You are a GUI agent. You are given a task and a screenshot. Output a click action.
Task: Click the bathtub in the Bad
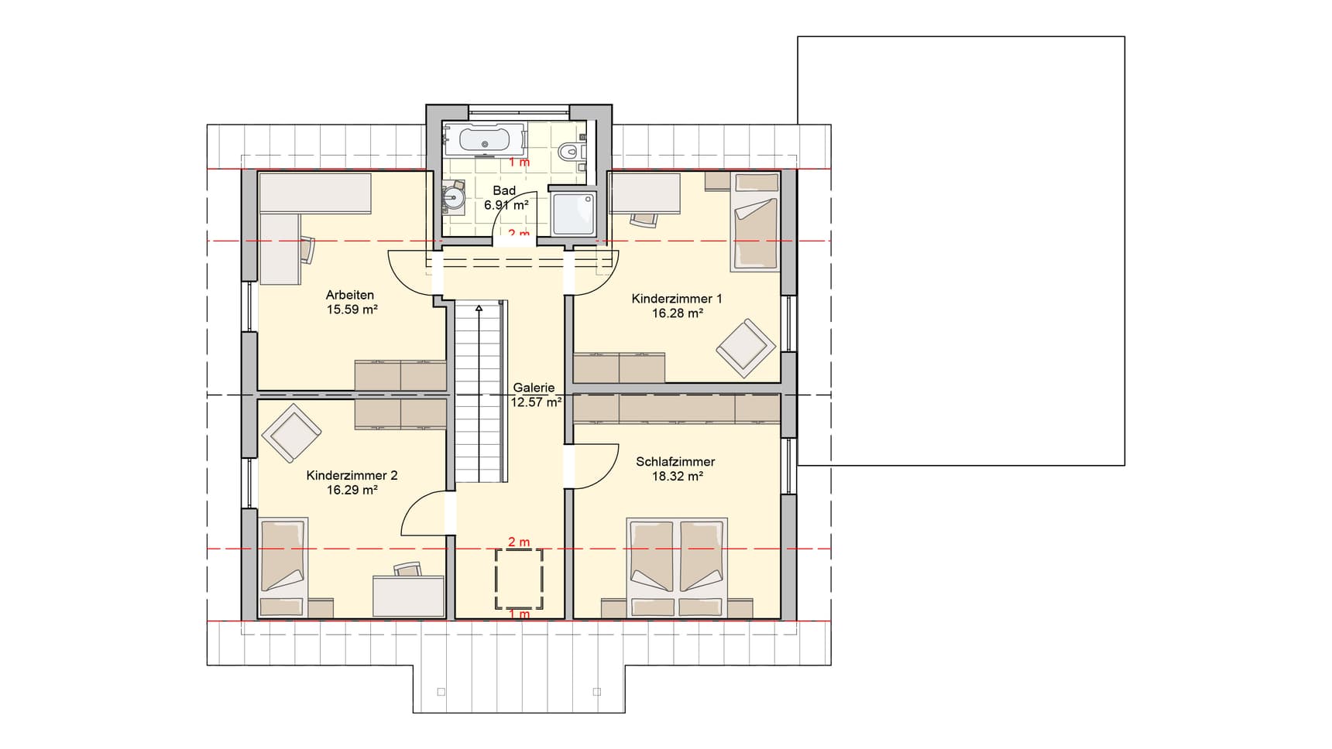[x=484, y=140]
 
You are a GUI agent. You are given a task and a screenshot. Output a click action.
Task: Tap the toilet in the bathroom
[x=570, y=151]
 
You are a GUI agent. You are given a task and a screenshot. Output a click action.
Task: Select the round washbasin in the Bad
[x=453, y=199]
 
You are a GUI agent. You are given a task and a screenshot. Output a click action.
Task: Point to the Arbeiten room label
[x=349, y=295]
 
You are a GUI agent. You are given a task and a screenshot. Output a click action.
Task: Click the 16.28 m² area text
[x=677, y=313]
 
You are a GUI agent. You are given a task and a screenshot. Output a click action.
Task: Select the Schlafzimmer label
[x=675, y=461]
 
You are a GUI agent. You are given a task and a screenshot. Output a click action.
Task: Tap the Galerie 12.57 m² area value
[x=535, y=402]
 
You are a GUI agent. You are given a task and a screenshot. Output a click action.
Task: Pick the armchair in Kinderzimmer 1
[x=745, y=347]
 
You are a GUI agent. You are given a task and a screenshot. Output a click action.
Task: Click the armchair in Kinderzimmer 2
[x=292, y=433]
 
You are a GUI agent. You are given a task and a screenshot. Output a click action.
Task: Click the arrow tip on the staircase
[x=479, y=308]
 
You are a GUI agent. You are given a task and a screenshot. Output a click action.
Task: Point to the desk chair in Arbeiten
[x=308, y=249]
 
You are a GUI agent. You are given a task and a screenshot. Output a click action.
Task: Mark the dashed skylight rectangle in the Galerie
[x=519, y=578]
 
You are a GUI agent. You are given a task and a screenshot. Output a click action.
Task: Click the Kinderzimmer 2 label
[x=352, y=475]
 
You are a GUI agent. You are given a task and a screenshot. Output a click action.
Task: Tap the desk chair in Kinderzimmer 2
[x=407, y=569]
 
